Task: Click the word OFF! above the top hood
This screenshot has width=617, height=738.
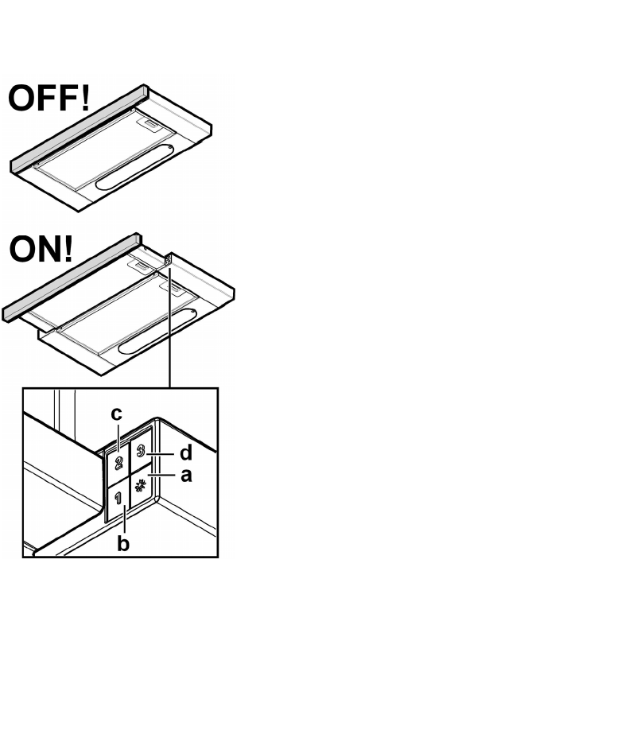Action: tap(49, 101)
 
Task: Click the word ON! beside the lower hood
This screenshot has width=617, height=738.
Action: tap(41, 250)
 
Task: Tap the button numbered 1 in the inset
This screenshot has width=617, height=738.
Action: tap(118, 501)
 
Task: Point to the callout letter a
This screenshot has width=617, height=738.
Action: tap(187, 476)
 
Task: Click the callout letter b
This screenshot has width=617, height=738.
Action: tap(123, 545)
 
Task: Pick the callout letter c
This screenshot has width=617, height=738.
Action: tap(116, 414)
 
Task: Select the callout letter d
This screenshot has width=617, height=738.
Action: tap(185, 453)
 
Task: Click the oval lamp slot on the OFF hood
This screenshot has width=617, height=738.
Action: tap(131, 166)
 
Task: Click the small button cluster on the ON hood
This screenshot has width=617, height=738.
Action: tap(169, 260)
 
